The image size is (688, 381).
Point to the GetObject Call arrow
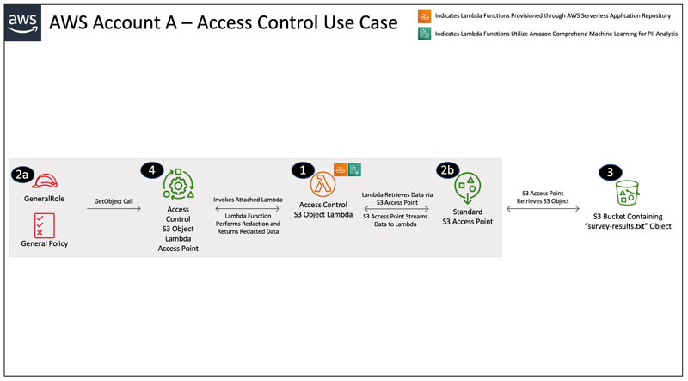pyautogui.click(x=114, y=208)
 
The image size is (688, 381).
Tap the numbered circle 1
pyautogui.click(x=301, y=169)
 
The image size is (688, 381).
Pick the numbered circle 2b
pyautogui.click(x=448, y=169)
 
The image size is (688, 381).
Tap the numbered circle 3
pyautogui.click(x=610, y=172)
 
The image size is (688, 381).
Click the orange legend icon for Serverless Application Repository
pyautogui.click(x=424, y=15)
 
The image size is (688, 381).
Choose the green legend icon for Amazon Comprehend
pyautogui.click(x=424, y=34)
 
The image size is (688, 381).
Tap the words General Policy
pyautogui.click(x=44, y=244)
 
